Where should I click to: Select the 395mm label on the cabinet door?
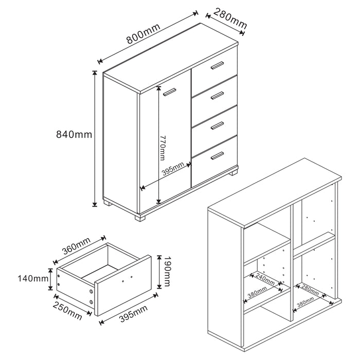coord(173,168)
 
